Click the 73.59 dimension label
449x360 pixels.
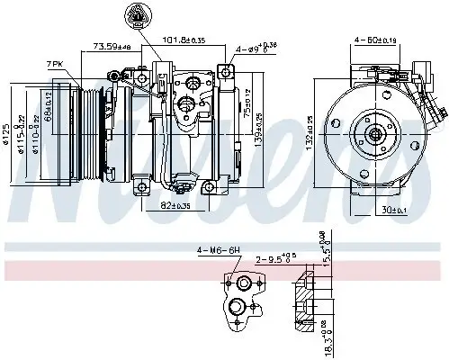coord(111,46)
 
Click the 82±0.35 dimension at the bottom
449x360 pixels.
coord(177,205)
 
